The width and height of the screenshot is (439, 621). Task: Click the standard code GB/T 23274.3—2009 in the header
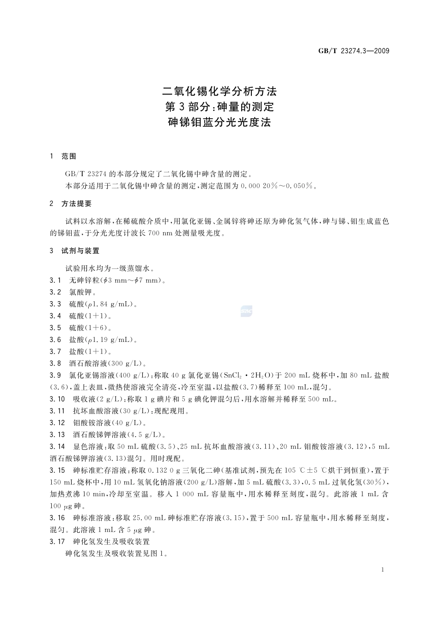coord(354,51)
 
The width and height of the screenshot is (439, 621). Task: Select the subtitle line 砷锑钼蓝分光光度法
coord(219,122)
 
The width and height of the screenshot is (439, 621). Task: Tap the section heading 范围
coord(69,157)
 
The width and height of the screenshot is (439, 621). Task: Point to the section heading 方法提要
coord(77,204)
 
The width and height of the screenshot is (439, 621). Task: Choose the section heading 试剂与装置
coord(80,251)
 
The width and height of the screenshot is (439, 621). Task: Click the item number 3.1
coord(55,280)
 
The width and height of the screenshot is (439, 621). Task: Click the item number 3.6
coord(55,340)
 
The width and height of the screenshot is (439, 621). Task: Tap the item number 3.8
coord(55,363)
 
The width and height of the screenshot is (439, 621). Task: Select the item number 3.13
coord(57,435)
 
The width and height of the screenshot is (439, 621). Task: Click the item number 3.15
coord(57,470)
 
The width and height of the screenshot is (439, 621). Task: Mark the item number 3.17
coord(57,542)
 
